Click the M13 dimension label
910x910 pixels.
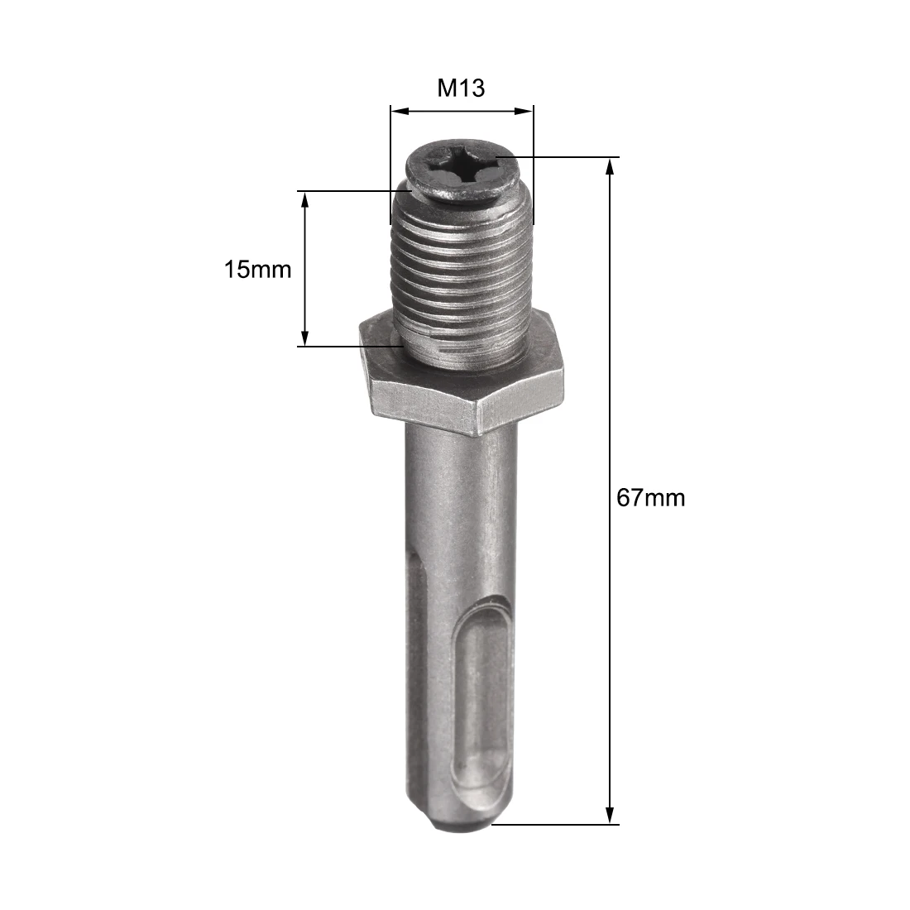tap(461, 88)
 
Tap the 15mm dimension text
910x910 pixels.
tap(258, 269)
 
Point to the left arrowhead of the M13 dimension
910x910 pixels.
tap(396, 110)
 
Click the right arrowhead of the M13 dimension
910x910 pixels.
tap(526, 110)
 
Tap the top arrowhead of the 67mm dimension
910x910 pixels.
tap(611, 164)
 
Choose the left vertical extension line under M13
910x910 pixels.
tap(390, 165)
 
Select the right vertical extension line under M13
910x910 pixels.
tap(534, 165)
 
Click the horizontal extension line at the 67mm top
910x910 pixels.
tap(563, 156)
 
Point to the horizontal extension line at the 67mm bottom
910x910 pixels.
tap(563, 824)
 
